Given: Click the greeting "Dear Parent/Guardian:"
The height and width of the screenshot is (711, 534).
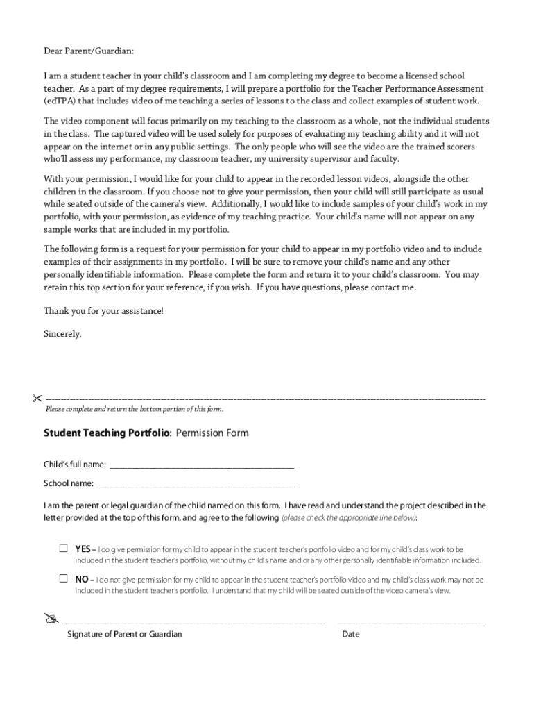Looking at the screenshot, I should (x=89, y=51).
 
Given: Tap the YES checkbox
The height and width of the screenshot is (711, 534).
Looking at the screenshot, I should (x=63, y=548).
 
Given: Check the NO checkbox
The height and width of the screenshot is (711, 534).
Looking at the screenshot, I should (x=63, y=578).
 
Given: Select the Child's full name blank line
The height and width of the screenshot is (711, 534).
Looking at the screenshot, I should (x=202, y=466).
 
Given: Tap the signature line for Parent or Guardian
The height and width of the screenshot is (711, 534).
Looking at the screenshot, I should (x=193, y=622).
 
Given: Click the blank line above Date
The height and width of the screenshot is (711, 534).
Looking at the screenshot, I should (x=411, y=622).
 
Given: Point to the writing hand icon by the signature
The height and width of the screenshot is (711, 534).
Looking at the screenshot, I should (x=51, y=618).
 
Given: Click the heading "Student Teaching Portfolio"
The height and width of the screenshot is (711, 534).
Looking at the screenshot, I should (x=106, y=433).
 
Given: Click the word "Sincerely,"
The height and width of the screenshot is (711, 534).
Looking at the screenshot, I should (x=62, y=333).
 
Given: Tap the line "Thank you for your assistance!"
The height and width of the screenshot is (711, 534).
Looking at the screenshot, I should (x=104, y=310).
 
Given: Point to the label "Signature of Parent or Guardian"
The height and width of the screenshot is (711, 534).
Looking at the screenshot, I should (x=125, y=634).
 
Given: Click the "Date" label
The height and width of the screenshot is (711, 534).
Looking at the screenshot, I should (x=351, y=634).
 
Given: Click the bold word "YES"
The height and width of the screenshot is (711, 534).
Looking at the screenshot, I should (x=84, y=549).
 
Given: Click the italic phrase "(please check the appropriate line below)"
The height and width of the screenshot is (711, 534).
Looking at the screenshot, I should (x=348, y=518).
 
